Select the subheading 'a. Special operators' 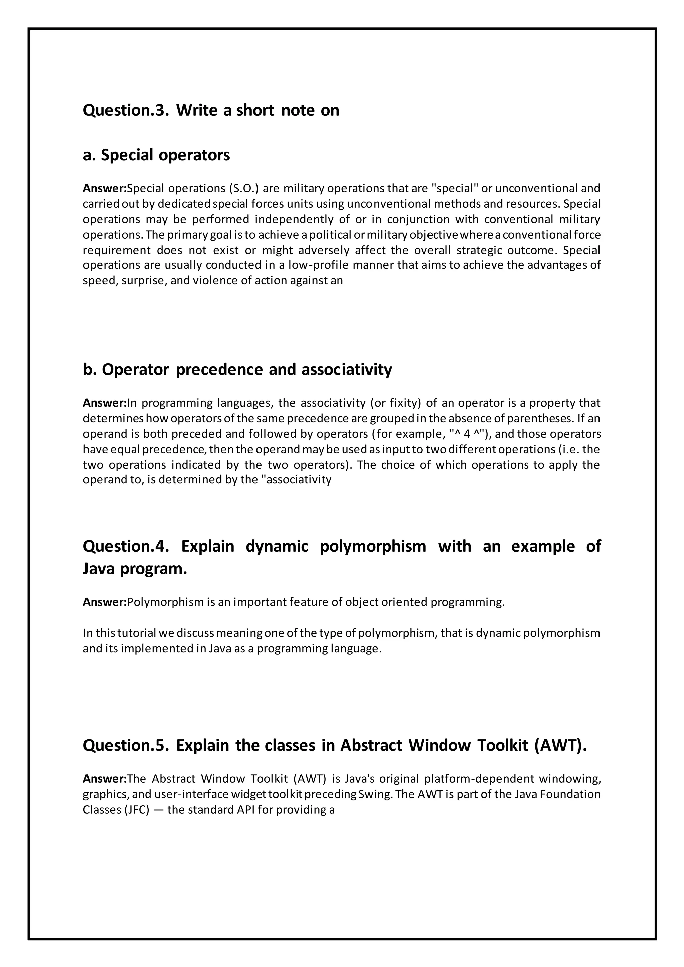156,155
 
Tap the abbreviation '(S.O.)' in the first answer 242,188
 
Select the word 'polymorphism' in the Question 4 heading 373,546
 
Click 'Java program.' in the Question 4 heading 135,569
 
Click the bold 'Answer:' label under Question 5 105,779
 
